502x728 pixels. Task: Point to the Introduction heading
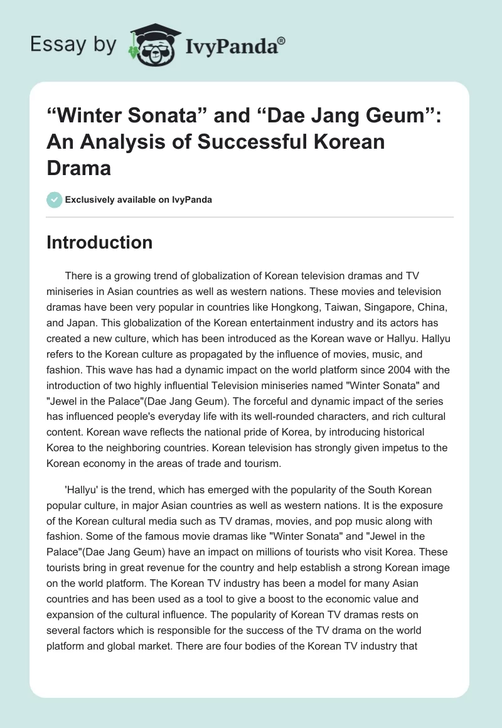(x=99, y=242)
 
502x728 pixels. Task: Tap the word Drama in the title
(x=78, y=168)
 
